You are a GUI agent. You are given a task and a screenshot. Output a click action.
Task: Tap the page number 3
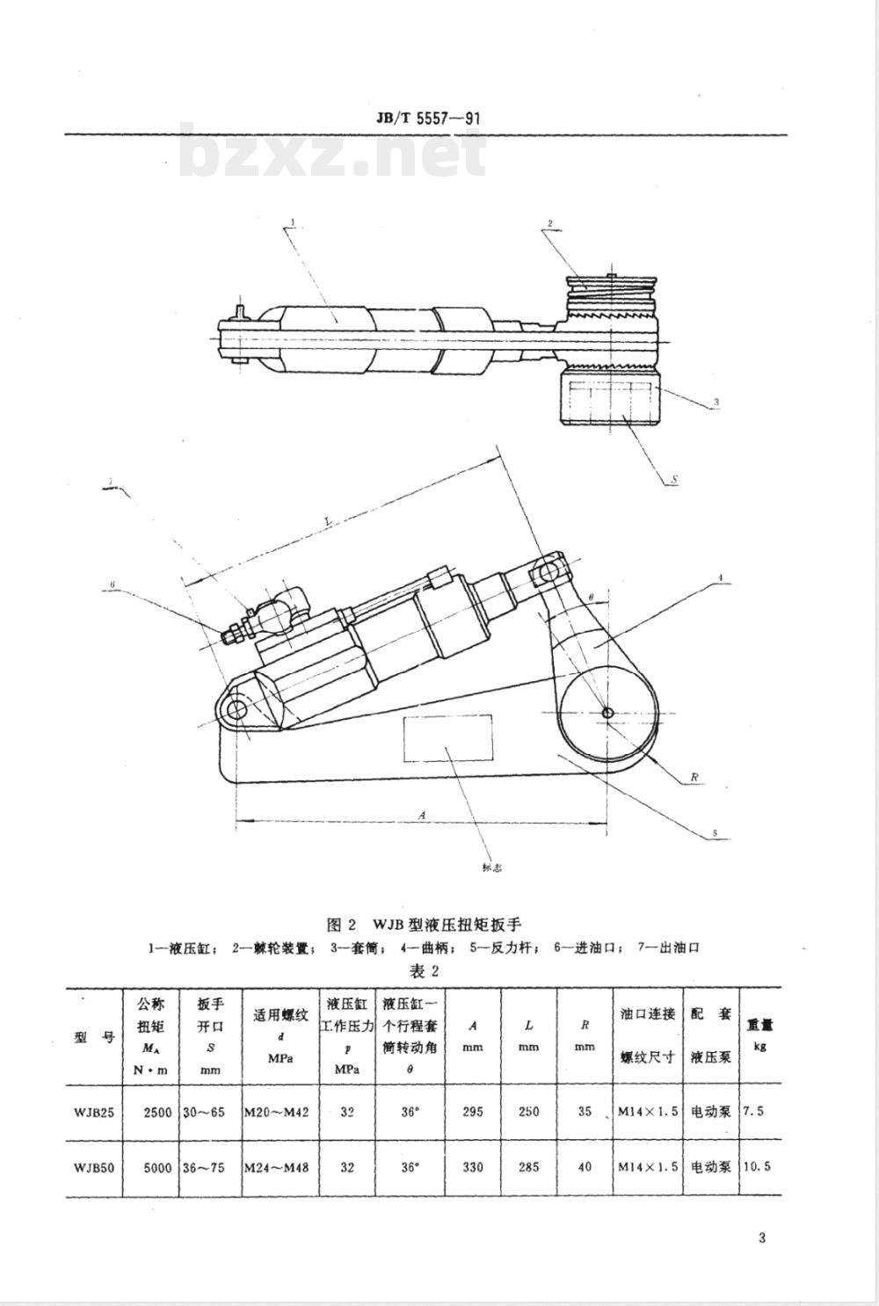761,1237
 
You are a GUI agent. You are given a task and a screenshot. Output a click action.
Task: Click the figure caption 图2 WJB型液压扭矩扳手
424,925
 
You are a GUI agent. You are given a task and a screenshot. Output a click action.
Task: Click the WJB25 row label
94,1112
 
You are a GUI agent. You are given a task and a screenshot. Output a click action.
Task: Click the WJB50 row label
94,1167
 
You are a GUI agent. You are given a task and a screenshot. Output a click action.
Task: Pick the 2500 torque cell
157,1112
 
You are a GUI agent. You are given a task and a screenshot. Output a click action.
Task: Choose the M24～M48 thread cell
276,1167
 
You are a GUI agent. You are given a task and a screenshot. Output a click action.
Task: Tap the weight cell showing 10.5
756,1167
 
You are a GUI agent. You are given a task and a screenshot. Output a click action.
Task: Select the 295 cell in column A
473,1112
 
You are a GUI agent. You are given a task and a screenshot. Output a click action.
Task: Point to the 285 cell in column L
528,1167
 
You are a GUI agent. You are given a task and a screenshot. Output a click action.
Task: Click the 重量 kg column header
759,1034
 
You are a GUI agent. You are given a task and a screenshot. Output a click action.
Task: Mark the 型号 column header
94,1037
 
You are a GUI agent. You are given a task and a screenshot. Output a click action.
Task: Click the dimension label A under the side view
422,815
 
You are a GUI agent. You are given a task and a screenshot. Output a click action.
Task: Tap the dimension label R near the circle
694,777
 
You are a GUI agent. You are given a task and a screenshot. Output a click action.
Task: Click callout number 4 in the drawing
719,577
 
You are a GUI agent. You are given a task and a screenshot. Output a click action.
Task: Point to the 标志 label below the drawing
492,867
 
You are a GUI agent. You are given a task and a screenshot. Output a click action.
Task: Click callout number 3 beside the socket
716,402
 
